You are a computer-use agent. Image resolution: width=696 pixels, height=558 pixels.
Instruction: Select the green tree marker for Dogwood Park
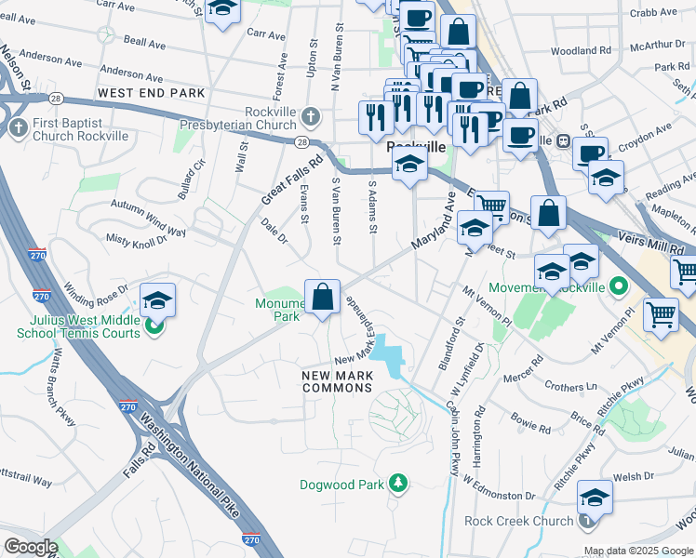(x=398, y=483)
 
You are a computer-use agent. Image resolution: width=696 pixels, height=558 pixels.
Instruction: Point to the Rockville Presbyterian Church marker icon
(x=311, y=117)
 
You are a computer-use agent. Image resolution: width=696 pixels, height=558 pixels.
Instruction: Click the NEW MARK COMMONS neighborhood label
(x=338, y=382)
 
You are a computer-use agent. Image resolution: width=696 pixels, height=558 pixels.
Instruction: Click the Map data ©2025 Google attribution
(x=638, y=551)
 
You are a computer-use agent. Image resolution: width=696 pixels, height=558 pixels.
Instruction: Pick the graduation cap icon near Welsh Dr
(x=595, y=498)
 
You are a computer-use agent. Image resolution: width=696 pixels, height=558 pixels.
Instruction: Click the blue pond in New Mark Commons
(x=387, y=353)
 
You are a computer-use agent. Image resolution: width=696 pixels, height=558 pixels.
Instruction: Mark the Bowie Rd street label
(x=530, y=419)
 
